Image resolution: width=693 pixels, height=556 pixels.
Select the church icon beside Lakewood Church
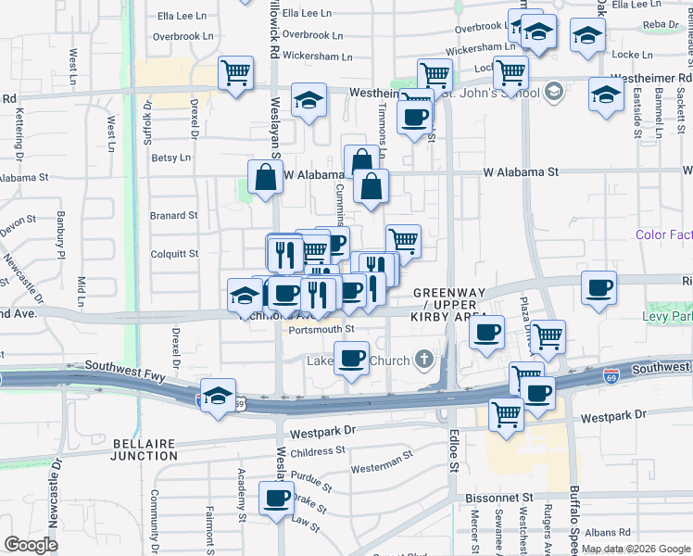pyautogui.click(x=424, y=358)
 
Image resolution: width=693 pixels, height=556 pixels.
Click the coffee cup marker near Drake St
pyautogui.click(x=276, y=499)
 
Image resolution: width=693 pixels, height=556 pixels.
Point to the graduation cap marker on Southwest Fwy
pyautogui.click(x=217, y=397)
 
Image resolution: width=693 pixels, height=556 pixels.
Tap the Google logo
pyautogui.click(x=31, y=545)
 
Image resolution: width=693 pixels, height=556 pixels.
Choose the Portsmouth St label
pyautogui.click(x=321, y=329)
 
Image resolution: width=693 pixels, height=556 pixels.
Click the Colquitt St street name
pyautogui.click(x=174, y=253)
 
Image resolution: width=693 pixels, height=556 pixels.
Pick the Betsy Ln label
pyautogui.click(x=170, y=158)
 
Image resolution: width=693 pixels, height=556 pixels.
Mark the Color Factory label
pyautogui.click(x=664, y=235)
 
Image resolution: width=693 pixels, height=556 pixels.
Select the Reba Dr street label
pyautogui.click(x=660, y=25)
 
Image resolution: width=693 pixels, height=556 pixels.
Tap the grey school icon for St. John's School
pyautogui.click(x=554, y=91)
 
